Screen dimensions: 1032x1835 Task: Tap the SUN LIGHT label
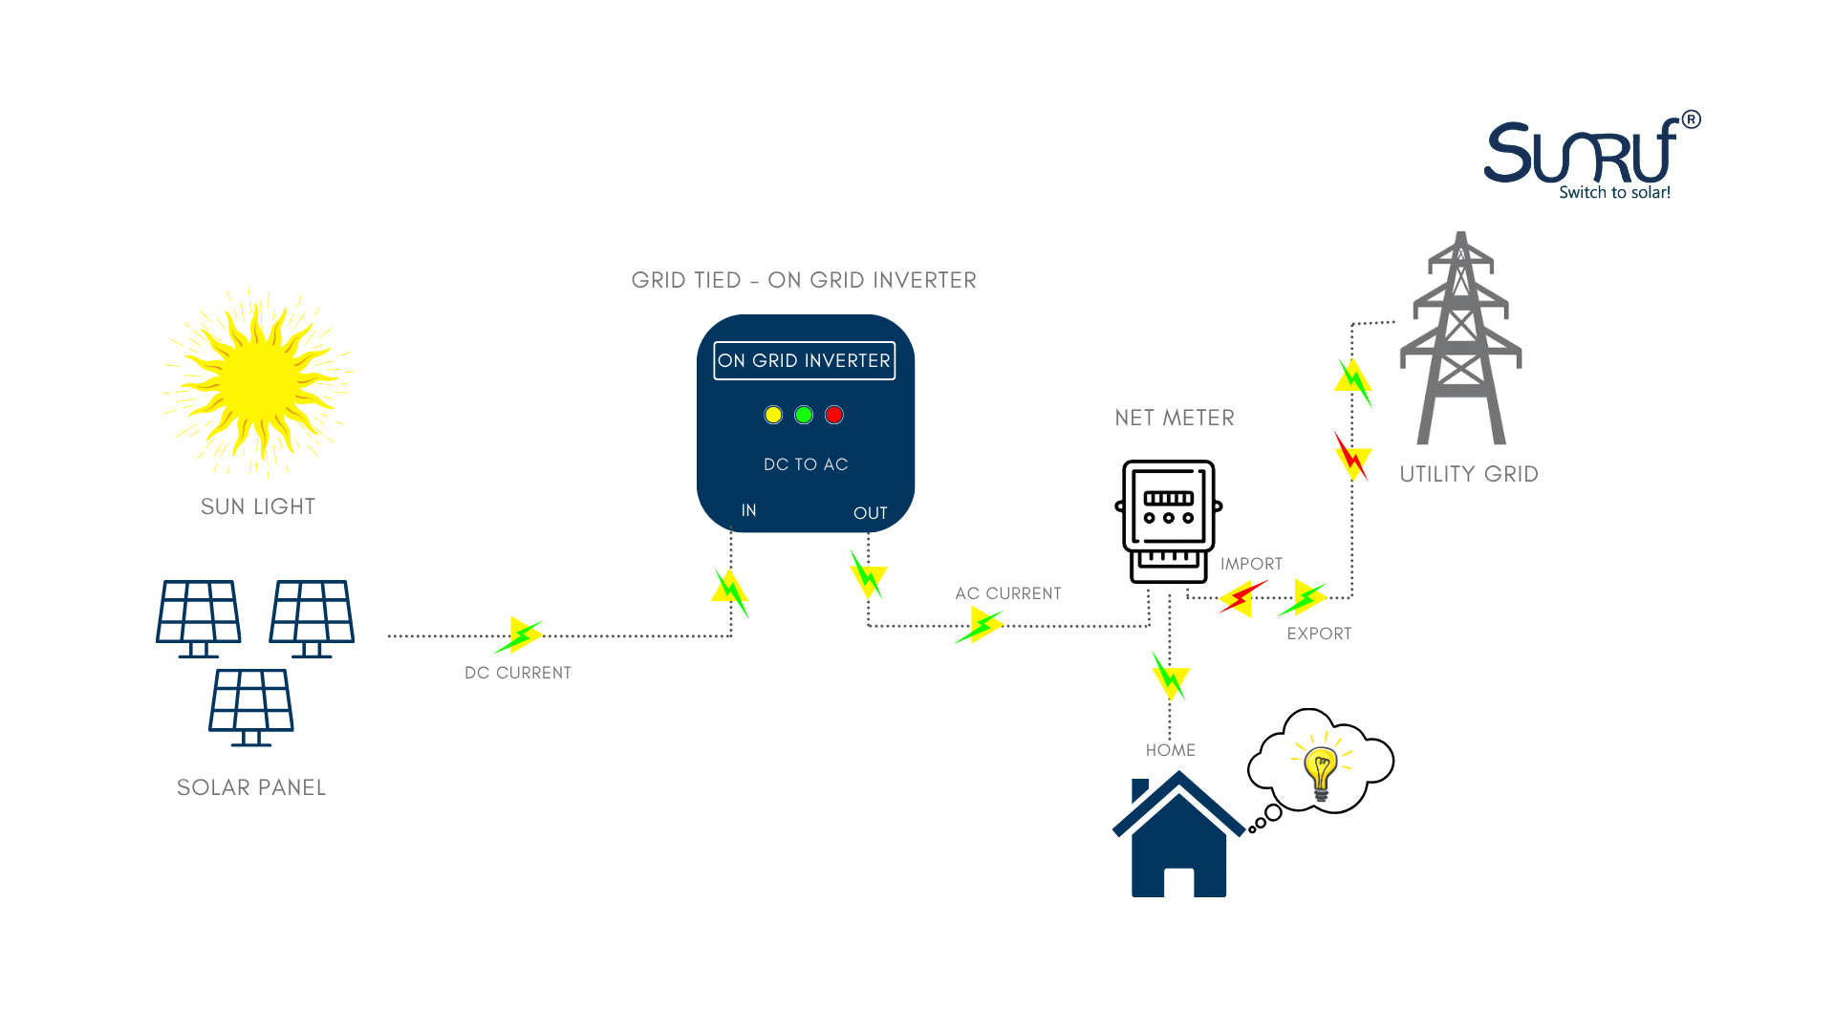coord(258,506)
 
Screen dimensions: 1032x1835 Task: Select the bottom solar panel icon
coord(251,706)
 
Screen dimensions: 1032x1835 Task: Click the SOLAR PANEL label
coord(251,787)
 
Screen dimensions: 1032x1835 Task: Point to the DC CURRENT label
coord(518,673)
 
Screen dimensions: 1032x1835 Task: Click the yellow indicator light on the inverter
coord(773,415)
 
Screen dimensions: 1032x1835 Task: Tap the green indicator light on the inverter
coord(804,415)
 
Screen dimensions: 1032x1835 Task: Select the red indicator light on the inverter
coord(834,415)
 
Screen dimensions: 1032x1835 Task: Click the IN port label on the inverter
coord(749,510)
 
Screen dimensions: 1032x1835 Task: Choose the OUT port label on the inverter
coord(870,513)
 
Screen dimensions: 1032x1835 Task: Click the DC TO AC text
coord(806,464)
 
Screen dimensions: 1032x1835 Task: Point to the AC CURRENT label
coord(1008,593)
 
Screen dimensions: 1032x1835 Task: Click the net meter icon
coord(1169,521)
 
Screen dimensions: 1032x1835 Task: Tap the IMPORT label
coord(1251,564)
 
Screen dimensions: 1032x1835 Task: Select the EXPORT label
coord(1319,634)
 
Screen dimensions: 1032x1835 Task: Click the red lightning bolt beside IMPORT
coord(1241,598)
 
